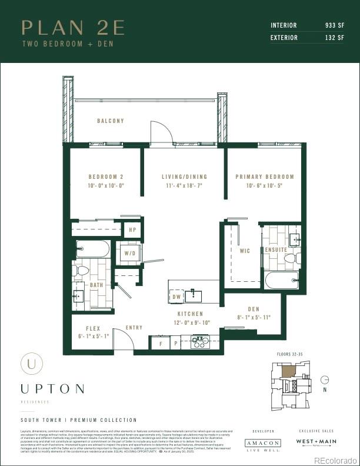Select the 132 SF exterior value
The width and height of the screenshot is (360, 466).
[334, 38]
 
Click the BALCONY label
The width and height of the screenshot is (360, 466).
[111, 121]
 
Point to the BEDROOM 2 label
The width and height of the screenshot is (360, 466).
[106, 177]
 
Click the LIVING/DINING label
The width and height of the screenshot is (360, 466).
[184, 177]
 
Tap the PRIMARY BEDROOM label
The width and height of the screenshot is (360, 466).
[265, 177]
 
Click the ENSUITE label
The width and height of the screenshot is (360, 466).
[276, 249]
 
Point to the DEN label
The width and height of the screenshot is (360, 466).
[254, 309]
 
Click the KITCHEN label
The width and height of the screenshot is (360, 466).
[190, 314]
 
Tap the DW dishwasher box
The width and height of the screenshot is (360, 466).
[176, 297]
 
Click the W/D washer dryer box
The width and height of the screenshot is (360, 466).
[129, 253]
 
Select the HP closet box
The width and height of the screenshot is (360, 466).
[132, 229]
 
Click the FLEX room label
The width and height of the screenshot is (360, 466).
[93, 329]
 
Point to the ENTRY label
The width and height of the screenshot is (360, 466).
[134, 328]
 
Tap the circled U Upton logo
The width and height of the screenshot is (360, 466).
[31, 364]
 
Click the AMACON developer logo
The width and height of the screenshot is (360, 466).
[262, 443]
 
